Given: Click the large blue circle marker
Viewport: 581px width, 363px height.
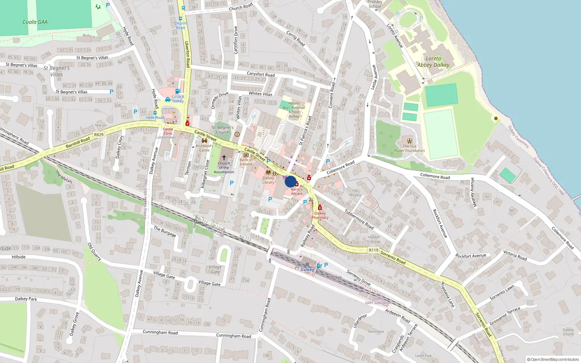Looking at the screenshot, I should [x=290, y=181].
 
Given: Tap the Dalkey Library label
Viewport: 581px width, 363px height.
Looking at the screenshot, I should [x=268, y=180].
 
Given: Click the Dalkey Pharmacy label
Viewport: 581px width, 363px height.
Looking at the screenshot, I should [x=320, y=215].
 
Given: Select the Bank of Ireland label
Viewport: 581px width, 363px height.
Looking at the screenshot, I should [x=246, y=162].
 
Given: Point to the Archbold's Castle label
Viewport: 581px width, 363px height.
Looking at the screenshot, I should [x=204, y=148].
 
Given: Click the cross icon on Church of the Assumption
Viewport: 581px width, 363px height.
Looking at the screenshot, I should [x=224, y=158].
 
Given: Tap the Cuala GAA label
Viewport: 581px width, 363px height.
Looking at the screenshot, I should [x=35, y=22].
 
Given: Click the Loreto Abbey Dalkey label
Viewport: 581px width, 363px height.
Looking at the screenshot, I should [x=433, y=62].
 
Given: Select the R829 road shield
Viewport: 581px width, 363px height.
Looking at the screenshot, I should [x=99, y=135].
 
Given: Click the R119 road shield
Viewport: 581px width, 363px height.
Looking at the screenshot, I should [x=373, y=250].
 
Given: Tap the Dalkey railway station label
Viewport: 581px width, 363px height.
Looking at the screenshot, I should [x=307, y=270].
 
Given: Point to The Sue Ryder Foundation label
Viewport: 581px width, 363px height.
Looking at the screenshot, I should [x=410, y=148].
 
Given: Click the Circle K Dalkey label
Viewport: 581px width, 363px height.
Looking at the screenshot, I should [x=178, y=99].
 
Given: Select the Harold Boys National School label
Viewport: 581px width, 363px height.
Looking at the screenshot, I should [x=294, y=110].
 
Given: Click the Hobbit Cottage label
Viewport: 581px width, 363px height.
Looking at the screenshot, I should [x=374, y=239].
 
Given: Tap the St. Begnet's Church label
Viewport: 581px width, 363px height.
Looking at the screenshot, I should [x=223, y=130].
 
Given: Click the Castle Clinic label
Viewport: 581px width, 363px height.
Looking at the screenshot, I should [x=168, y=131].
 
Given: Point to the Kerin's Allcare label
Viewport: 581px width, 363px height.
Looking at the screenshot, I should [x=296, y=191].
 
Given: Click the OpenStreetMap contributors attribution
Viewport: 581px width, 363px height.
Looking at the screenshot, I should [x=553, y=359].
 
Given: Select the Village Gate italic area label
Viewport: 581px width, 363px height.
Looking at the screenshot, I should [x=215, y=269].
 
